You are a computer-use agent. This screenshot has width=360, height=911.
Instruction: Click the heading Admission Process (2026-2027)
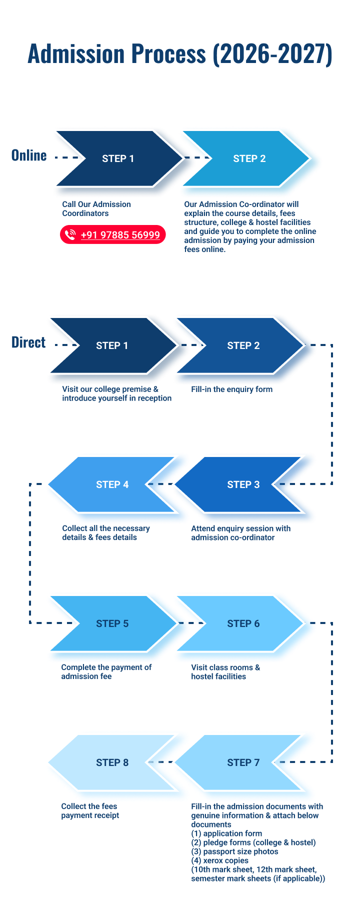click(180, 54)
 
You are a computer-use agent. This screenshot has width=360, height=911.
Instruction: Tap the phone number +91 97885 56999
click(120, 235)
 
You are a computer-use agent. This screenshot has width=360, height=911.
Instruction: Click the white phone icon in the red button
click(70, 235)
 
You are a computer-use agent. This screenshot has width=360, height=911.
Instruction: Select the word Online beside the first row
click(29, 155)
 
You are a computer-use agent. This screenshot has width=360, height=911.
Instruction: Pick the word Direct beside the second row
click(28, 342)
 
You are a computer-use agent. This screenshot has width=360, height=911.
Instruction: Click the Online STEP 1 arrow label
click(118, 158)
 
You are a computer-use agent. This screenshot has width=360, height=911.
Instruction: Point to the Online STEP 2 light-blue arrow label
click(249, 158)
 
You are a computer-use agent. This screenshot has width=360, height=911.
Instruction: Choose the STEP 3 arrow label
click(243, 484)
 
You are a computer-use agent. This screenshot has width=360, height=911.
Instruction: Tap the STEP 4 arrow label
click(112, 484)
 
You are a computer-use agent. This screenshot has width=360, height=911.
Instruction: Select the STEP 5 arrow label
click(112, 623)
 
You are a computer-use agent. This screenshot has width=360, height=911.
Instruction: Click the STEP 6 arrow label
click(243, 623)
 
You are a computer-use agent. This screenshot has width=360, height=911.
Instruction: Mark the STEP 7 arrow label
click(243, 762)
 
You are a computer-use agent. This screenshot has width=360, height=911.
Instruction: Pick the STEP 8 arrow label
click(112, 762)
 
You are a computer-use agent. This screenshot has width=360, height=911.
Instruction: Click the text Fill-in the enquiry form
click(231, 389)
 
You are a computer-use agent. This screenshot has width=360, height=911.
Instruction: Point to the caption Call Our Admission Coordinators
click(96, 208)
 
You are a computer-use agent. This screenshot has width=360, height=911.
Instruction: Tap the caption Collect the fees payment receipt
click(90, 810)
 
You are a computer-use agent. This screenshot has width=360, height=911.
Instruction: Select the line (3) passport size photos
click(234, 851)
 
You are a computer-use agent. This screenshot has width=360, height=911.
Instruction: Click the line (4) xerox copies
click(219, 860)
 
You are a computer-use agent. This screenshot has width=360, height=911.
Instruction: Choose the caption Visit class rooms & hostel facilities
click(225, 672)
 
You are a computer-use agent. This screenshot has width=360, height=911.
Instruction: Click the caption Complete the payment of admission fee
click(106, 672)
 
